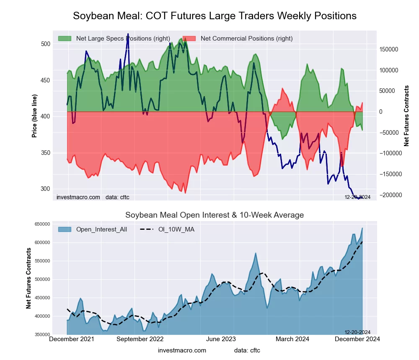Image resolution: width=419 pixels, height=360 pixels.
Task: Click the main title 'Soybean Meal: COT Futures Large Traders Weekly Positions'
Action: coord(215,16)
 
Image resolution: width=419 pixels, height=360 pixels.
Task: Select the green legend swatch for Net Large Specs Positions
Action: coord(65,39)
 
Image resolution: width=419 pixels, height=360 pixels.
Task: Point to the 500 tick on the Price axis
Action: coord(46,44)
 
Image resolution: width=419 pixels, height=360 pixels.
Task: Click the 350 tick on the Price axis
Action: coord(46,153)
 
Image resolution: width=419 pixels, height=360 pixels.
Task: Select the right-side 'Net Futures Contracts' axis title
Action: coord(406,116)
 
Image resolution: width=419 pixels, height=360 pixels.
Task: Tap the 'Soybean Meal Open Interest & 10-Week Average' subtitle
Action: coord(215,215)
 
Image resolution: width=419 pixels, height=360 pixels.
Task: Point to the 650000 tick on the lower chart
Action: coord(42,224)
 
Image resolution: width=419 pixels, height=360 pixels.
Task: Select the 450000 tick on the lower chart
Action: coord(42,298)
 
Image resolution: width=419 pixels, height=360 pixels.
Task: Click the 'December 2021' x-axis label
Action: coord(72,339)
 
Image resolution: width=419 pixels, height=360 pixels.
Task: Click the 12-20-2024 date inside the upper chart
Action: coord(357,197)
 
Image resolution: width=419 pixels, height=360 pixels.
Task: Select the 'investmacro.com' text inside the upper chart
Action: coord(78,197)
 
